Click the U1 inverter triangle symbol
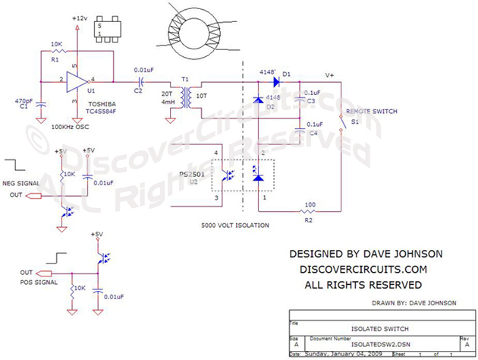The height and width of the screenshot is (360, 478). [x=77, y=80]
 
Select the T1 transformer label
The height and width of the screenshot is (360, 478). [x=184, y=78]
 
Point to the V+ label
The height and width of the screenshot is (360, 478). [x=329, y=75]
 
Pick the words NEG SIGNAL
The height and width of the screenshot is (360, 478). [x=23, y=183]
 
